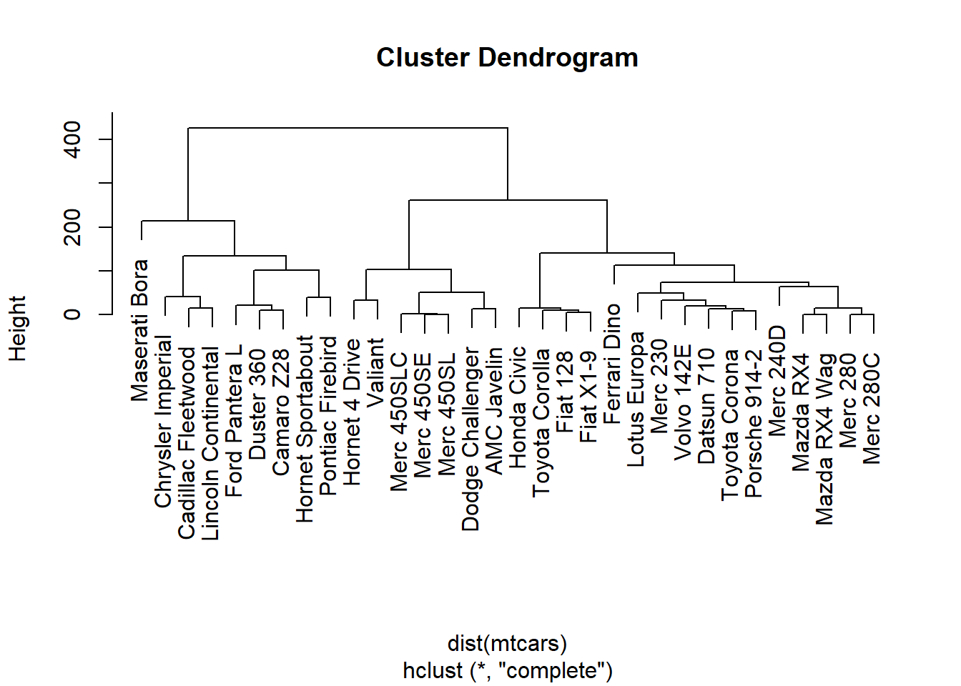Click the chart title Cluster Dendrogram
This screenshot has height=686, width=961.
(x=507, y=58)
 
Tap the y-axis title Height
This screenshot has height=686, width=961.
(x=18, y=329)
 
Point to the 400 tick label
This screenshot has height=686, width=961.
(x=72, y=140)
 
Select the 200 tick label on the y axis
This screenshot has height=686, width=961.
(x=72, y=227)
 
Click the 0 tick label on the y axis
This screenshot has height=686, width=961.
(x=72, y=314)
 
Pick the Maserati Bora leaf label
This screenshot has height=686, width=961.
(x=139, y=331)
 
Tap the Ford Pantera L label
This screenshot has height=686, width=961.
(x=234, y=421)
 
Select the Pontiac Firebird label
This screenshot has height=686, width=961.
(x=328, y=416)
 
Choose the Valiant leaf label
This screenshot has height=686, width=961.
(x=375, y=373)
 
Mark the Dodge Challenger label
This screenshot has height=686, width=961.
(x=470, y=439)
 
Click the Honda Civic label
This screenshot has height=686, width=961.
(x=517, y=407)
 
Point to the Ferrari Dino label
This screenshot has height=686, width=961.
(x=612, y=364)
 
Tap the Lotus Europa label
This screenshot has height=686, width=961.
(x=636, y=399)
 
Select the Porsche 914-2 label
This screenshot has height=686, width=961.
(x=754, y=424)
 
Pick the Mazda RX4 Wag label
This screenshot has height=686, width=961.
(x=824, y=439)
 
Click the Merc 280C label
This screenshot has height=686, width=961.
(x=872, y=409)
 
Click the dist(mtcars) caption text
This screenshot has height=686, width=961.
(x=507, y=644)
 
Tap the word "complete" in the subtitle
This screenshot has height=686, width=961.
(x=555, y=670)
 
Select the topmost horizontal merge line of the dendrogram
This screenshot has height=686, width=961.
(x=348, y=128)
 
